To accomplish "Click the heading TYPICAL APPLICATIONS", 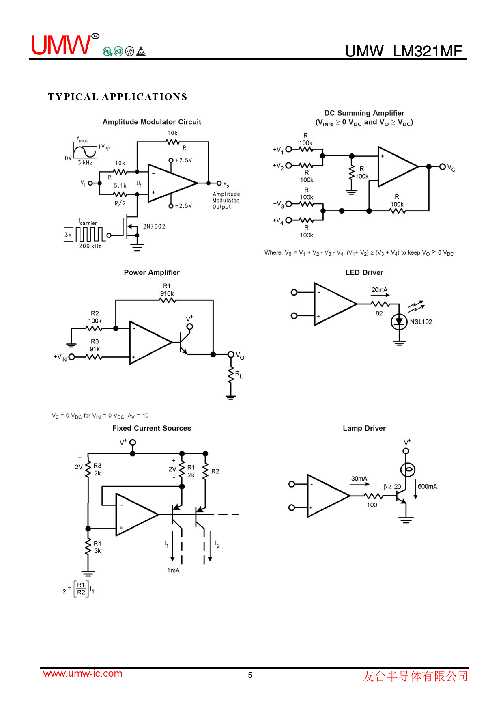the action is pos(118,97).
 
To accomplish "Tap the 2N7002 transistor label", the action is pos(154,227).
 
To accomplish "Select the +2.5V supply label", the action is pos(183,160).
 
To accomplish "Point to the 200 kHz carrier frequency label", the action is pos(90,246).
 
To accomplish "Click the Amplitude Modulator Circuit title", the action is pos(152,122).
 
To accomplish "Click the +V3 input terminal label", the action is pos(278,204).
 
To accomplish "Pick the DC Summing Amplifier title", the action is pos(364,113).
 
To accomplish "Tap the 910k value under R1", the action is pos(167,293).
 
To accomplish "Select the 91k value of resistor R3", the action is pos(95,349).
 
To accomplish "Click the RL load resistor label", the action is pos(239,375).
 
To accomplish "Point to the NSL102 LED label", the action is pos(421,322).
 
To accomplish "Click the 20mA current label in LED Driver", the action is pos(379,290).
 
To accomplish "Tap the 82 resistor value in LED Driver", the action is pos(379,313).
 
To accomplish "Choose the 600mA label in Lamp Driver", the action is pos(428,486).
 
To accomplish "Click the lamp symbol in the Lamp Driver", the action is pos(408,470).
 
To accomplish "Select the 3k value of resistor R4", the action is pos(97,551).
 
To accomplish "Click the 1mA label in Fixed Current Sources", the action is pos(173,570).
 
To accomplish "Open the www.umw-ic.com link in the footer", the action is pos(83,673).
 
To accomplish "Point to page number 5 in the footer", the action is pos(250,675).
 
